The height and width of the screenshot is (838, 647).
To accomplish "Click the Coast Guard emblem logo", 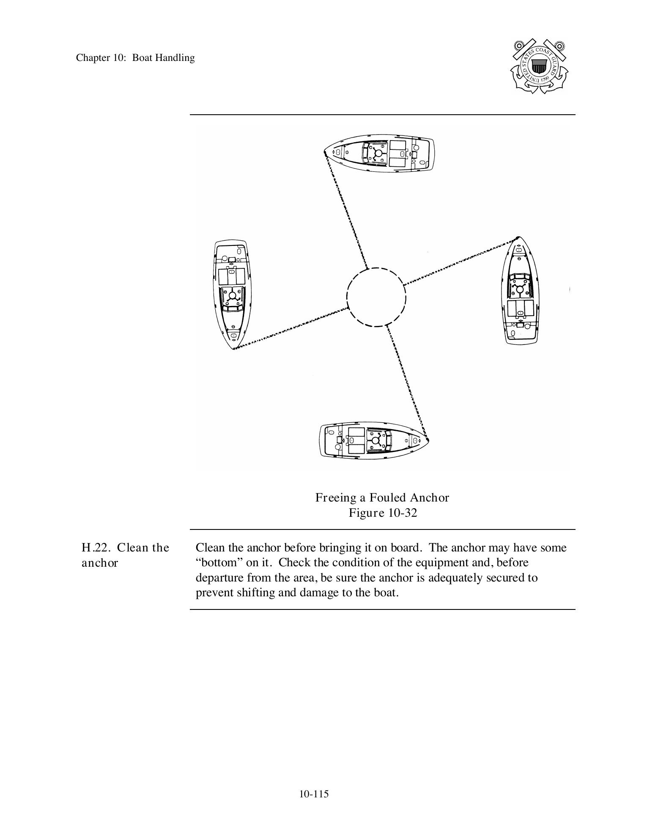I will point(539,66).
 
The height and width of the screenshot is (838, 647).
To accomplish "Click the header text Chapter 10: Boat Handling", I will point(135,58).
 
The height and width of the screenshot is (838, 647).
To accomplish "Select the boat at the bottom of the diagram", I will point(374,440).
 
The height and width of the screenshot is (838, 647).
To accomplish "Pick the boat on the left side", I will point(231,294).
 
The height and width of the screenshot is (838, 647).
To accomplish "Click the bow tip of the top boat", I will point(325,152).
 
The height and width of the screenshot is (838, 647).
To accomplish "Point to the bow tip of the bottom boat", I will point(428,440).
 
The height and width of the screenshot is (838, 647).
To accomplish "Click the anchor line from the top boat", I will point(346,209).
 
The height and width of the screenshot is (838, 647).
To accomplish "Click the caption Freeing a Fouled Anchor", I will point(382,498).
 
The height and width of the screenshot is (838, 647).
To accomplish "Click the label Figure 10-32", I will point(382,513).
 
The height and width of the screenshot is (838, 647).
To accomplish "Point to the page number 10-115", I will point(314,794).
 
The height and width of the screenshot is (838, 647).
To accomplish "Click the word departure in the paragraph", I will point(219,578).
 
